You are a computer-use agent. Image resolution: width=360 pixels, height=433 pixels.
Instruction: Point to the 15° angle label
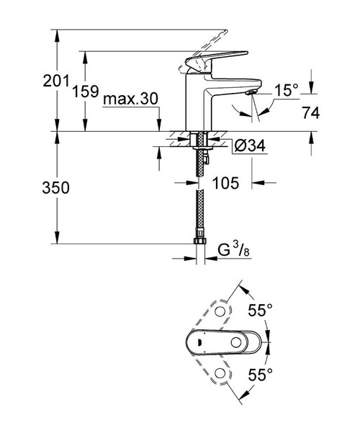click(x=285, y=90)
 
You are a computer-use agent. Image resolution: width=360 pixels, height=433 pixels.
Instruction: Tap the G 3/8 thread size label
click(x=233, y=250)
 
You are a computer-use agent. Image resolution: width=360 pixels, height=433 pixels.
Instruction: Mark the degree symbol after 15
click(x=294, y=86)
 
